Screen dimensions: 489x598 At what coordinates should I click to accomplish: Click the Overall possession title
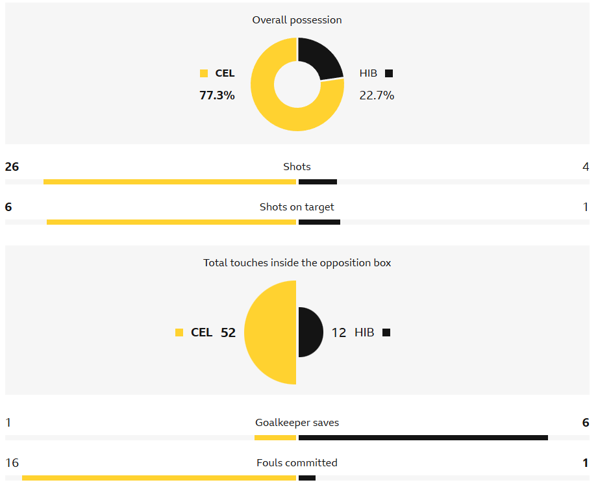[x=297, y=20]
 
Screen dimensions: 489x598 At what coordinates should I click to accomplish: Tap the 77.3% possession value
[x=217, y=95]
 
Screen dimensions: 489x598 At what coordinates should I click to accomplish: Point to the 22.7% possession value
[x=377, y=95]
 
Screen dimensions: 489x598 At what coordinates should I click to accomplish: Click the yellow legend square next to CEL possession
[x=204, y=73]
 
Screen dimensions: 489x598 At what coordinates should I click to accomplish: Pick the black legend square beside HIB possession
[x=388, y=73]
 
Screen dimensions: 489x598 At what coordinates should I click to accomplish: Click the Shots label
[x=297, y=167]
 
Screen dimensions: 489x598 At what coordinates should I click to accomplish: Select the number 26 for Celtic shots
[x=12, y=167]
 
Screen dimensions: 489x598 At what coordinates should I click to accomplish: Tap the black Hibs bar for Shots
[x=318, y=182]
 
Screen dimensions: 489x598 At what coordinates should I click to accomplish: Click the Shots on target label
[x=297, y=207]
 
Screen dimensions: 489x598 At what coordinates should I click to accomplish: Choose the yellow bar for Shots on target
[x=171, y=222]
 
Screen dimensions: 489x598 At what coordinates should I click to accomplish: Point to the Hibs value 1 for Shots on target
[x=586, y=207]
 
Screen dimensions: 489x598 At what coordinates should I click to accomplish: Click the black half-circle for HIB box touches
[x=310, y=332]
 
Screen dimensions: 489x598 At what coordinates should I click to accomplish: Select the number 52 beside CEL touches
[x=228, y=332]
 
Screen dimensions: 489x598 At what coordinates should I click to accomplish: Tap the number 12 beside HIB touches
[x=339, y=332]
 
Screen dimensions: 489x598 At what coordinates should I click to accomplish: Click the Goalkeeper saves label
[x=297, y=423]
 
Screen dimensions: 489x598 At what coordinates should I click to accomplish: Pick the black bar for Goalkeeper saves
[x=423, y=438]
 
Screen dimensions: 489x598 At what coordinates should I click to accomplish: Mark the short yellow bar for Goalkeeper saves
[x=275, y=438]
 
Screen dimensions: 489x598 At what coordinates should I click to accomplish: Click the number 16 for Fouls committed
[x=12, y=463]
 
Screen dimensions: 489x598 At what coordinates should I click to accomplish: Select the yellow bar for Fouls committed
[x=158, y=478]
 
